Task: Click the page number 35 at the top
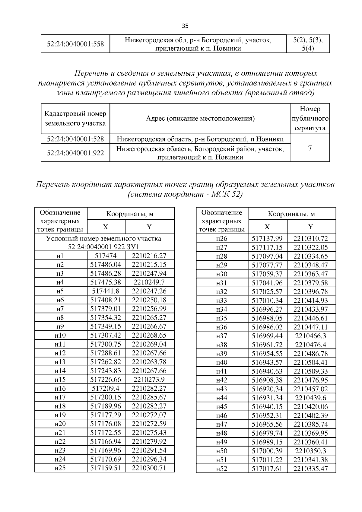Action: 185,26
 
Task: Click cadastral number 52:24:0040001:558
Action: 75,44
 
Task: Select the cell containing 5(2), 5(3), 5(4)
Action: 308,44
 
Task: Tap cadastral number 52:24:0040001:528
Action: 75,139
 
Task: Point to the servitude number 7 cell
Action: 310,148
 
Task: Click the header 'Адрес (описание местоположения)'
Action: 200,119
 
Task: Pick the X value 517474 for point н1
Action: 106,256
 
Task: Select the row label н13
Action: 60,362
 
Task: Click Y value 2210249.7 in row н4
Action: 149,282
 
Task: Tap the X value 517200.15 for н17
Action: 106,397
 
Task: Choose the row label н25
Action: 60,468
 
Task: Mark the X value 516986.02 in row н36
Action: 267,327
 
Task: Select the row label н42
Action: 222,380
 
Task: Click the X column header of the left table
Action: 106,227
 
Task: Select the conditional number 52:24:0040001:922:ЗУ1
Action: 103,247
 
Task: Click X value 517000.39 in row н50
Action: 267,451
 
